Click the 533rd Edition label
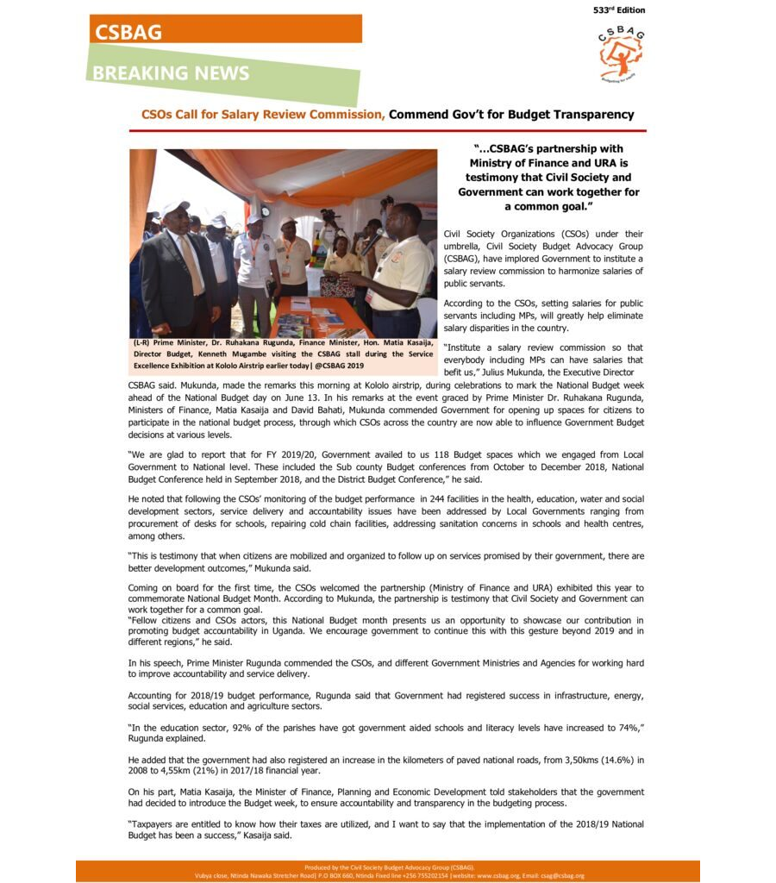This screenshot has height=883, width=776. coord(619,10)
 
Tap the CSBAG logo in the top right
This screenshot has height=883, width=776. coord(621,54)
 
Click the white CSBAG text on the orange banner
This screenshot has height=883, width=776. coord(128,32)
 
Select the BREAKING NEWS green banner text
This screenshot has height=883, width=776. coord(172,73)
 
